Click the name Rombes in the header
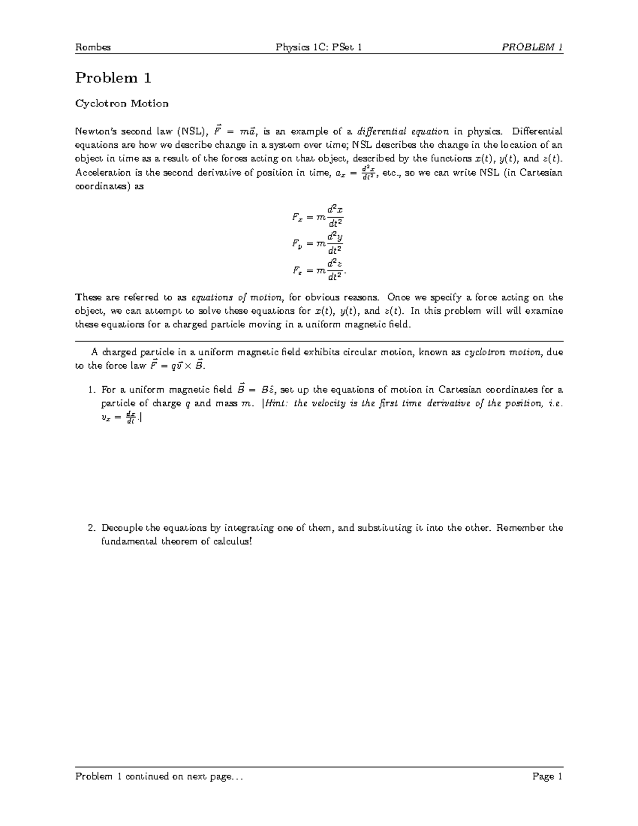point(93,47)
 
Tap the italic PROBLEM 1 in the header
point(532,47)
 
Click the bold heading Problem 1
point(113,78)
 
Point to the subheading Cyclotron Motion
point(122,103)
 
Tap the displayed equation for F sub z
point(319,270)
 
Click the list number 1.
point(91,390)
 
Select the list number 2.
point(91,528)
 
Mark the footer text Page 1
point(547,777)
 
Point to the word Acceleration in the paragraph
point(103,173)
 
